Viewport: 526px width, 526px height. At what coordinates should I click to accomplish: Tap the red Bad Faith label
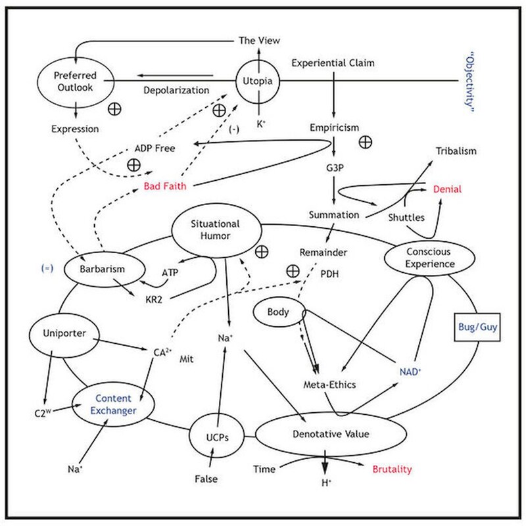(164, 186)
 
